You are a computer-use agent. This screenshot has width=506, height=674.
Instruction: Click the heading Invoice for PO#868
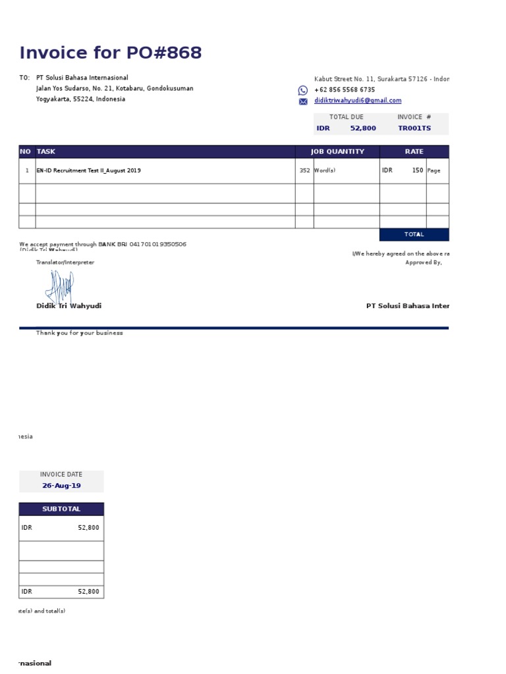pyautogui.click(x=111, y=53)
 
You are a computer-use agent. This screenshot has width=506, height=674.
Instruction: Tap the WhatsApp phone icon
pyautogui.click(x=303, y=90)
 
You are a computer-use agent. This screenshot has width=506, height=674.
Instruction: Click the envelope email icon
pyautogui.click(x=303, y=101)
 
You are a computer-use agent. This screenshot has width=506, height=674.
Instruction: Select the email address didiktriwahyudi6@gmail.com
pyautogui.click(x=358, y=101)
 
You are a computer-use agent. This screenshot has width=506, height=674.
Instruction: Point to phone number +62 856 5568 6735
pyautogui.click(x=345, y=90)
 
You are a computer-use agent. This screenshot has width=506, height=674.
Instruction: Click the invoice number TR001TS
pyautogui.click(x=414, y=128)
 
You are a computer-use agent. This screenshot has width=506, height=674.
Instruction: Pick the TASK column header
pyautogui.click(x=46, y=151)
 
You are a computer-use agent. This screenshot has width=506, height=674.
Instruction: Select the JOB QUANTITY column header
pyautogui.click(x=337, y=151)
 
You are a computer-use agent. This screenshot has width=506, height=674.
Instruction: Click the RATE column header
pyautogui.click(x=414, y=151)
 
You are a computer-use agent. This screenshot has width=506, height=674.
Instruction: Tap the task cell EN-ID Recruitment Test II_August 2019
pyautogui.click(x=88, y=170)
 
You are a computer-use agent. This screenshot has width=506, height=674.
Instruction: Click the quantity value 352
pyautogui.click(x=304, y=170)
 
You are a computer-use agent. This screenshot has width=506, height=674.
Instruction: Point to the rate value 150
pyautogui.click(x=418, y=170)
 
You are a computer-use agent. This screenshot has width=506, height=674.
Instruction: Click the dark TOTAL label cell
pyautogui.click(x=414, y=234)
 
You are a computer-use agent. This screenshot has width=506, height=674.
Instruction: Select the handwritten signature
pyautogui.click(x=59, y=287)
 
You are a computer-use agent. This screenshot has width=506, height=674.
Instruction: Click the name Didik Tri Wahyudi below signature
pyautogui.click(x=69, y=306)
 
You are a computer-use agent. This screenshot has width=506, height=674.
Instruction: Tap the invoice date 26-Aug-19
pyautogui.click(x=61, y=486)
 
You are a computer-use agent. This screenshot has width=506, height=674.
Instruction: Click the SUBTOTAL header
pyautogui.click(x=61, y=509)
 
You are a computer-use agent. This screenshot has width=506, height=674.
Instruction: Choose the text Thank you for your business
pyautogui.click(x=79, y=333)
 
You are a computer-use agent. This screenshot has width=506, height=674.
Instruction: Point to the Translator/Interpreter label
pyautogui.click(x=65, y=263)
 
